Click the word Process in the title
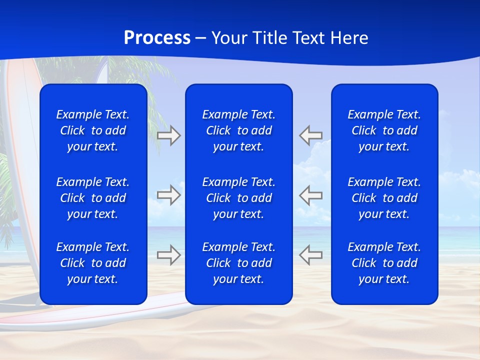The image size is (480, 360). (x=157, y=38)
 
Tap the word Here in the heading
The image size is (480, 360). (x=349, y=38)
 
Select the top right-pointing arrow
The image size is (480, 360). (x=169, y=135)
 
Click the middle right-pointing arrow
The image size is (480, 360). (x=169, y=195)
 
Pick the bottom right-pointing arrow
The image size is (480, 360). (x=169, y=254)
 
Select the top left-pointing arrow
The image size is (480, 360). (x=310, y=135)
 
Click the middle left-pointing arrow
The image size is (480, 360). (x=310, y=195)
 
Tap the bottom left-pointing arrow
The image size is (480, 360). (x=310, y=254)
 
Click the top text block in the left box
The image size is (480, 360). (x=93, y=130)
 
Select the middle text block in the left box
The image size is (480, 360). (x=93, y=198)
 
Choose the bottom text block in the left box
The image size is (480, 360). (x=93, y=263)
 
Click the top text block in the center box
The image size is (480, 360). (x=238, y=130)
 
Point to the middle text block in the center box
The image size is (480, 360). (x=238, y=198)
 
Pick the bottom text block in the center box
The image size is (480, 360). (x=238, y=263)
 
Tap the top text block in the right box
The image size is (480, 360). (x=384, y=130)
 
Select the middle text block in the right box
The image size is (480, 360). (x=384, y=198)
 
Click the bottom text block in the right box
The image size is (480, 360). (x=384, y=263)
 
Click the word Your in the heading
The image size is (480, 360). (x=229, y=38)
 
